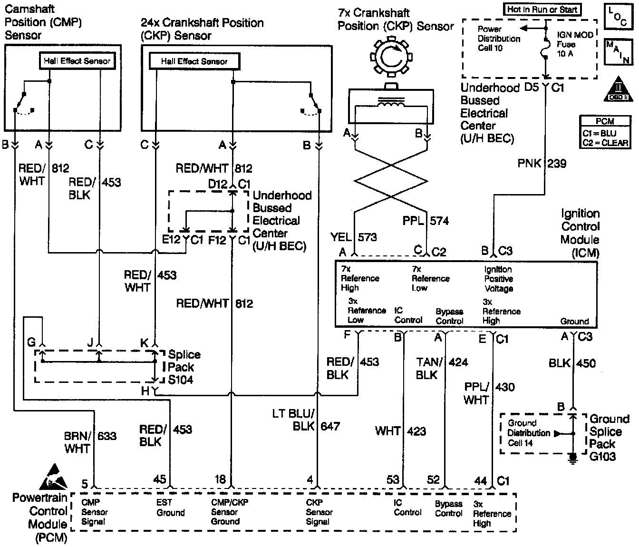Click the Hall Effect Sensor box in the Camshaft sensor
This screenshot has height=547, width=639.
77,61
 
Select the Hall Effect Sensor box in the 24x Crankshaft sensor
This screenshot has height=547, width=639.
194,61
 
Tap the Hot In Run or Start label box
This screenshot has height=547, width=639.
542,9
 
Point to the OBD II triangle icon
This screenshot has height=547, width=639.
618,89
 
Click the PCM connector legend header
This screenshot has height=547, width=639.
605,121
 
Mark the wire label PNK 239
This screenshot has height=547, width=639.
542,164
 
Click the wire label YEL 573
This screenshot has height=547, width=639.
354,236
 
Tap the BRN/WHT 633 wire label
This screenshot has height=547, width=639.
90,442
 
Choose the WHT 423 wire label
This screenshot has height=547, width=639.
400,431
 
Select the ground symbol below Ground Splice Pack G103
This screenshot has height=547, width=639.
573,457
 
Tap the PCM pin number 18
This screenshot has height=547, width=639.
220,479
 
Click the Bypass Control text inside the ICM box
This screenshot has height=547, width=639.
449,316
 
